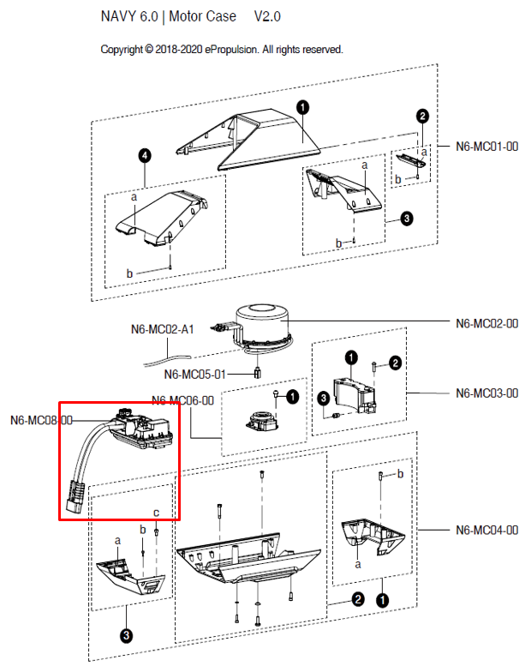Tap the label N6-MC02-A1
[163, 329]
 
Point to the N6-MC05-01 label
[195, 374]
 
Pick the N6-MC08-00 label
[41, 421]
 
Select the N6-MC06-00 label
[182, 399]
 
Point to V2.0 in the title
[267, 17]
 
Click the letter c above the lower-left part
[156, 513]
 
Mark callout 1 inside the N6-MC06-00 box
[292, 396]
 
